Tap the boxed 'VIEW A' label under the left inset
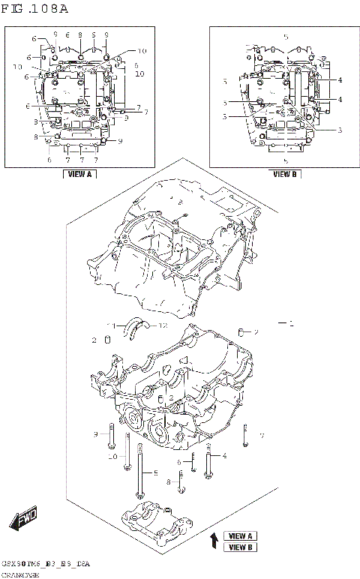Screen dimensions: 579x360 click(79, 174)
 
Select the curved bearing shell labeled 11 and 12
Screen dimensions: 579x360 click(137, 325)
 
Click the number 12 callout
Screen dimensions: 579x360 click(162, 325)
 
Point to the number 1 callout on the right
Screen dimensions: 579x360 click(293, 323)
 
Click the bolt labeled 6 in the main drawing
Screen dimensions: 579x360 click(193, 463)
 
